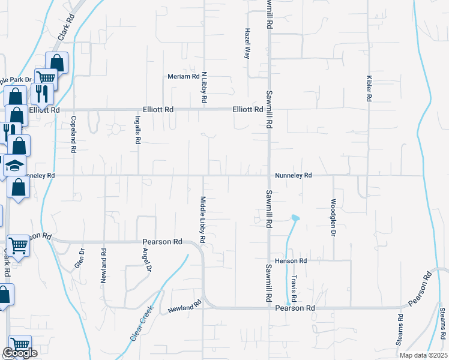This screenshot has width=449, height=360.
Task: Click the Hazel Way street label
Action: click(x=247, y=44)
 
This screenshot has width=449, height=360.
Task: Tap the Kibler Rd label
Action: click(x=369, y=88)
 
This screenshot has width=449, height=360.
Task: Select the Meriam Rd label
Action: click(x=183, y=77)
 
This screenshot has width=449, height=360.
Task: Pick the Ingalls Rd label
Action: click(x=137, y=130)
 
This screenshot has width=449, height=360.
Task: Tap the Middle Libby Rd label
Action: click(x=203, y=220)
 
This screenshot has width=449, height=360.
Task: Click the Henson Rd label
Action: click(x=291, y=261)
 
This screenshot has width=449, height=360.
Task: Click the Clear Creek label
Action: click(x=142, y=325)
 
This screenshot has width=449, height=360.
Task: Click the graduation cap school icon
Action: click(x=15, y=166)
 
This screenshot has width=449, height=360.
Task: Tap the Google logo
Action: click(x=19, y=353)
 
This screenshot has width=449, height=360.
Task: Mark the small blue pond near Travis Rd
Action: click(x=294, y=217)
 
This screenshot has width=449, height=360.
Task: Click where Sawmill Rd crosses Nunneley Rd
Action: click(x=268, y=176)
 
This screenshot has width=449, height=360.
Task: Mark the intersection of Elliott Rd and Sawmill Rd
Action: click(x=268, y=110)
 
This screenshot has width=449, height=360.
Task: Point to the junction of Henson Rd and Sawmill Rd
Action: click(x=268, y=261)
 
